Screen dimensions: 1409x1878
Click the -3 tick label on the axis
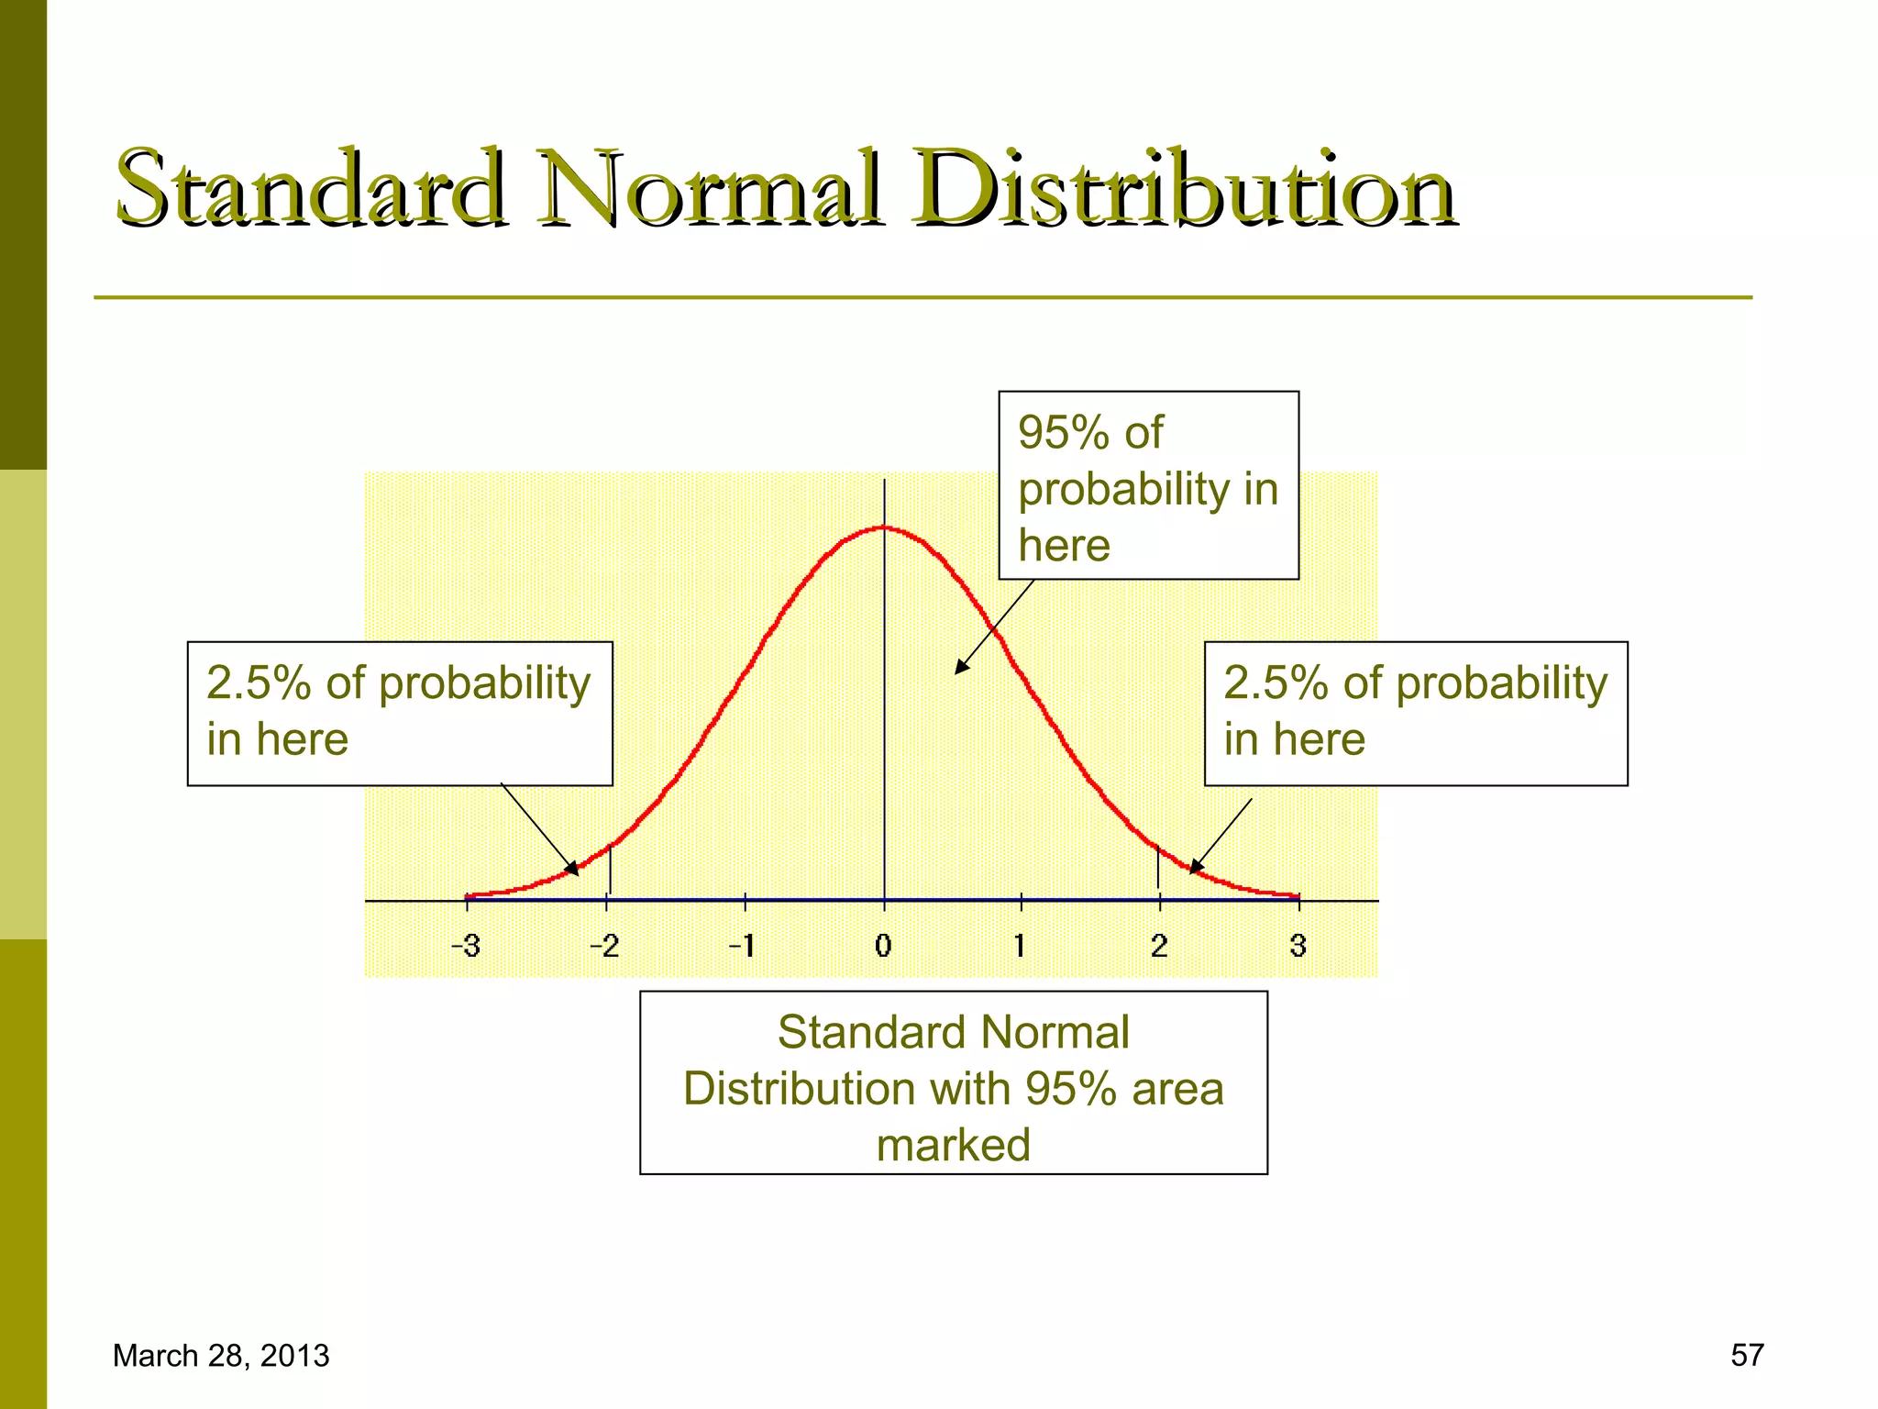click(466, 946)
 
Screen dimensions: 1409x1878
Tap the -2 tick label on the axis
click(604, 946)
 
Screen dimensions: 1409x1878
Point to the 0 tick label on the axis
click(883, 946)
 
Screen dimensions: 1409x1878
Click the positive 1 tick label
click(1020, 946)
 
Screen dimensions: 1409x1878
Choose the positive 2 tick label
click(1159, 946)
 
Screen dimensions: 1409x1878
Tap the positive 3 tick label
click(1298, 946)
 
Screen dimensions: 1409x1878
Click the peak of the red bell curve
click(884, 527)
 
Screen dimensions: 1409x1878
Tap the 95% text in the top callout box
click(1064, 433)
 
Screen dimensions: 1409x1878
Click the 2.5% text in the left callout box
click(258, 683)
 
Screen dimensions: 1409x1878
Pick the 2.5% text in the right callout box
click(1276, 683)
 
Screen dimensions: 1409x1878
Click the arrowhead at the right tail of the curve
click(1196, 867)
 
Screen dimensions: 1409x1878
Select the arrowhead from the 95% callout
click(960, 668)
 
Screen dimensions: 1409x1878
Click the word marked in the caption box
click(953, 1146)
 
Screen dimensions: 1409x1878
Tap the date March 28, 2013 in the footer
click(220, 1356)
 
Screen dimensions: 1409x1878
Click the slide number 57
click(1747, 1355)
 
